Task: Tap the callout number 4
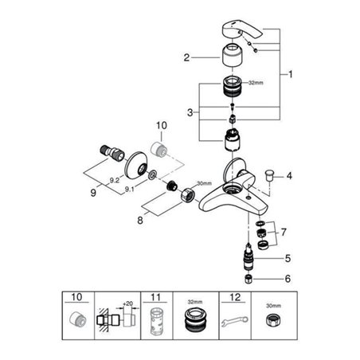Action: [290, 174]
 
